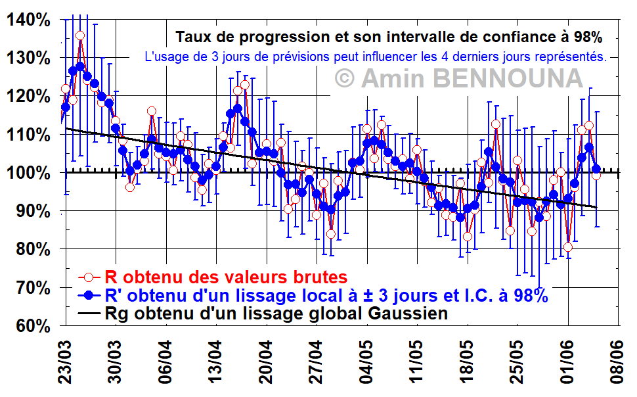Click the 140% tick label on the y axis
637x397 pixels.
click(x=28, y=20)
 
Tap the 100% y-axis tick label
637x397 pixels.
click(x=28, y=174)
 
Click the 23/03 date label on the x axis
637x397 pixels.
click(x=66, y=362)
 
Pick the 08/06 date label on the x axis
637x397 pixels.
click(x=617, y=362)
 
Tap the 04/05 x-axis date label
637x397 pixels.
click(x=367, y=362)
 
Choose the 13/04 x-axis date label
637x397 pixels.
click(x=215, y=362)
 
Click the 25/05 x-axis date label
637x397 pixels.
click(x=517, y=362)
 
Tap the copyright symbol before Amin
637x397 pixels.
click(x=345, y=78)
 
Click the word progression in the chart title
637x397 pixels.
click(x=284, y=37)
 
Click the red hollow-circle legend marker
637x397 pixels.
click(x=89, y=277)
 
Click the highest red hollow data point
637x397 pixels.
click(x=80, y=35)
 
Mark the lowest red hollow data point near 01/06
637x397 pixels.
click(x=568, y=247)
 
